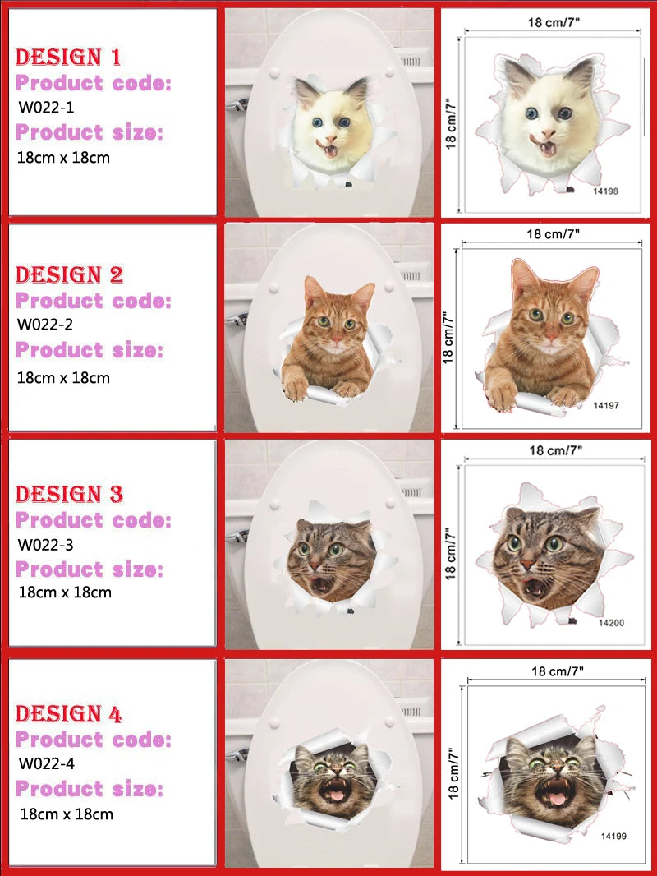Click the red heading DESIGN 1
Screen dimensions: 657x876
[x=68, y=57]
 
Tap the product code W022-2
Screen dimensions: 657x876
[x=45, y=324]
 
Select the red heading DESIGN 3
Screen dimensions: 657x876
[x=69, y=494]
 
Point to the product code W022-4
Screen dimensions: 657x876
[x=46, y=763]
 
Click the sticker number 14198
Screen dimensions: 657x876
[x=605, y=191]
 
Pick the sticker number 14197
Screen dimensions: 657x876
[x=605, y=406]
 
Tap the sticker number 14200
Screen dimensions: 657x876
[x=611, y=622]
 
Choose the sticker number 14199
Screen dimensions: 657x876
[x=613, y=836]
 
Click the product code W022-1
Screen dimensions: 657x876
[x=46, y=107]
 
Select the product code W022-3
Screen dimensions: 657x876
[x=46, y=544]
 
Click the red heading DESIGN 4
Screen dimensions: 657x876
[x=69, y=713]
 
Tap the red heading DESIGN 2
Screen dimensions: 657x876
[x=69, y=274]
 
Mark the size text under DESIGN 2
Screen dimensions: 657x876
[x=63, y=378]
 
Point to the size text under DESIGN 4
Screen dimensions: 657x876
[x=67, y=814]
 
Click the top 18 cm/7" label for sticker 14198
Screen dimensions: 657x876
[x=554, y=22]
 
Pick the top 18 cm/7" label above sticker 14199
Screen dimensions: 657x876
[x=557, y=671]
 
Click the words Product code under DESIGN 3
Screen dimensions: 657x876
[x=94, y=520]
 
